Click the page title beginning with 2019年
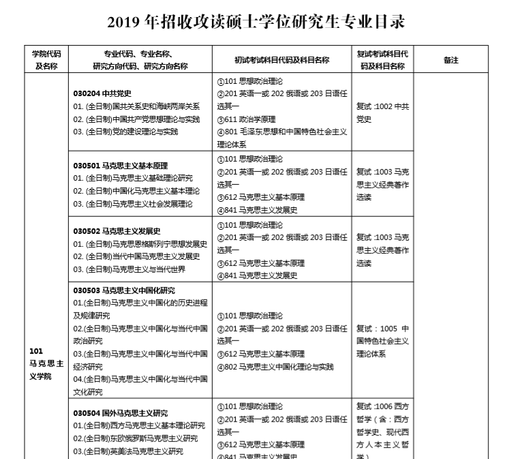tap(256, 23)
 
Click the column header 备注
tap(451, 60)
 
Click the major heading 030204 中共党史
tap(102, 93)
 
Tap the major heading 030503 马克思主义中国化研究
tap(124, 290)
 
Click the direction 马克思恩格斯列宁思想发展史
tap(140, 243)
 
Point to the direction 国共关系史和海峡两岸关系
tap(136, 106)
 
